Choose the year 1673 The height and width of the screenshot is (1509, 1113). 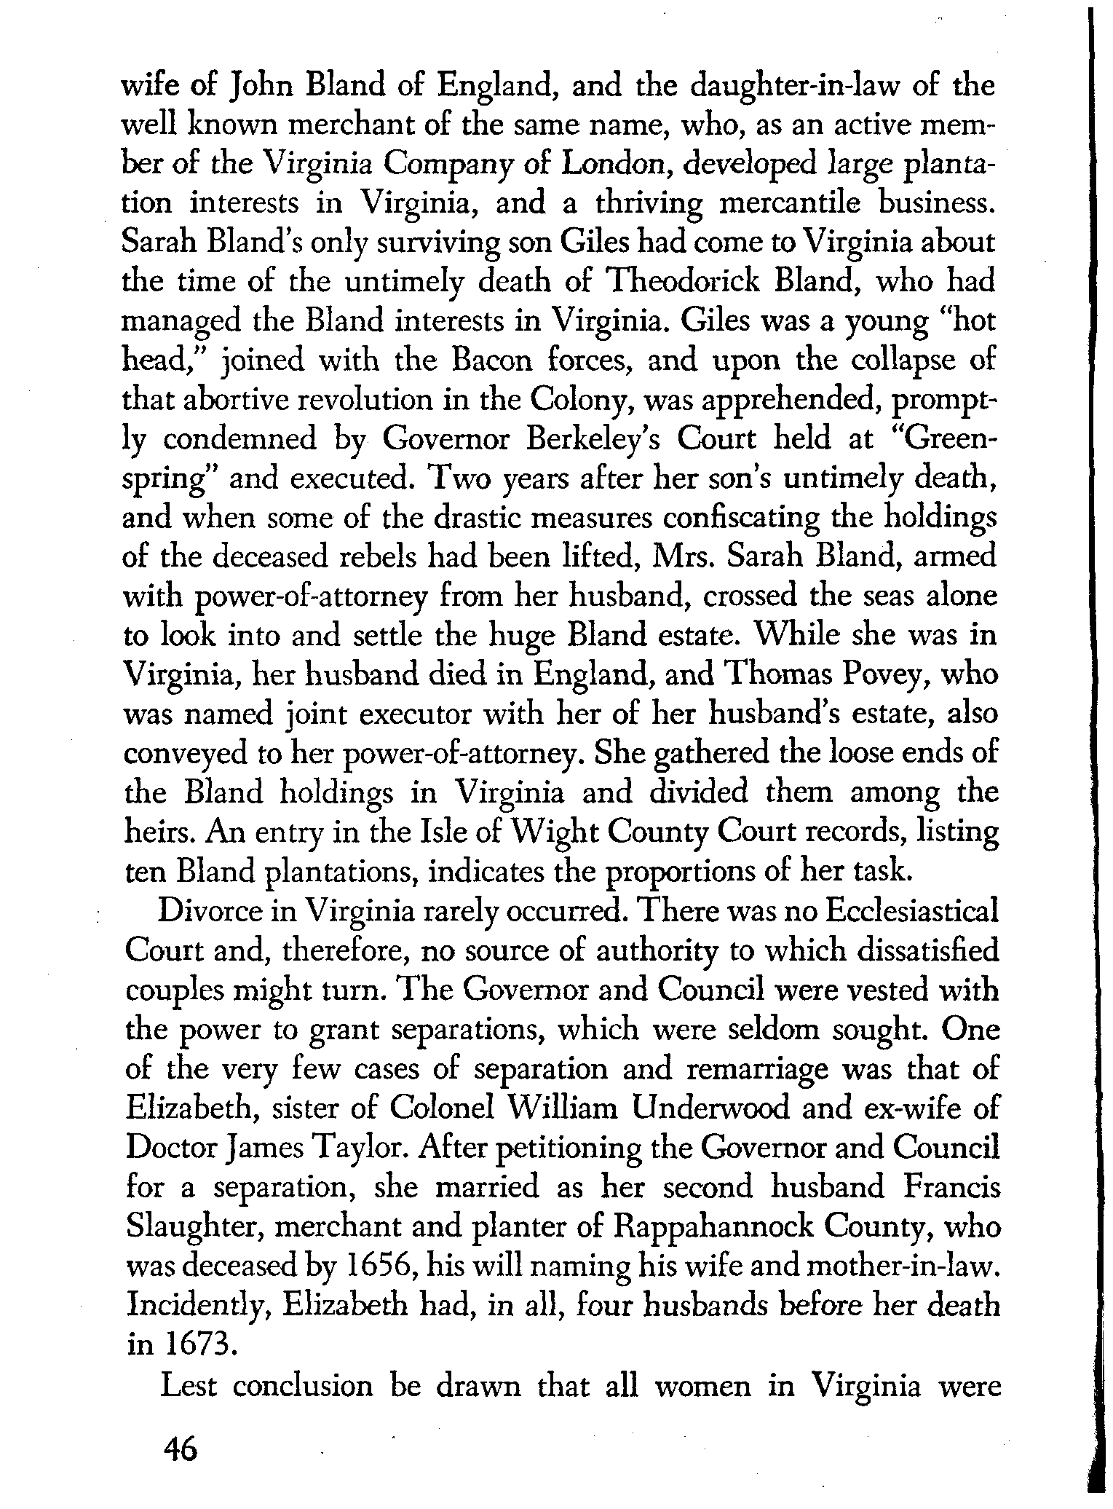pyautogui.click(x=197, y=1344)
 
